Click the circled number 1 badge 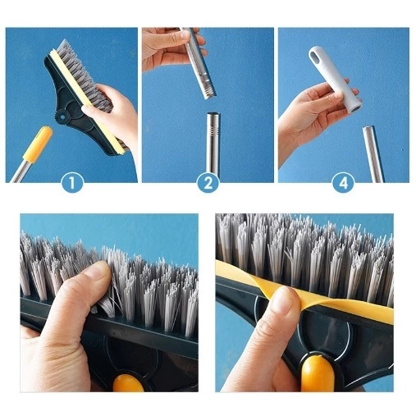(72, 182)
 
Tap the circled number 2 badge (208, 182)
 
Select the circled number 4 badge (344, 182)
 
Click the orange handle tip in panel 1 (38, 144)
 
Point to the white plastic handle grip (335, 79)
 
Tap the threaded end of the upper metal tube (207, 88)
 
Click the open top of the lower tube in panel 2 (213, 114)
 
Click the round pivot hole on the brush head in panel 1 (62, 117)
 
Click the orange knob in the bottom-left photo (128, 383)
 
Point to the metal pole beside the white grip (373, 154)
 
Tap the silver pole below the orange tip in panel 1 (20, 171)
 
